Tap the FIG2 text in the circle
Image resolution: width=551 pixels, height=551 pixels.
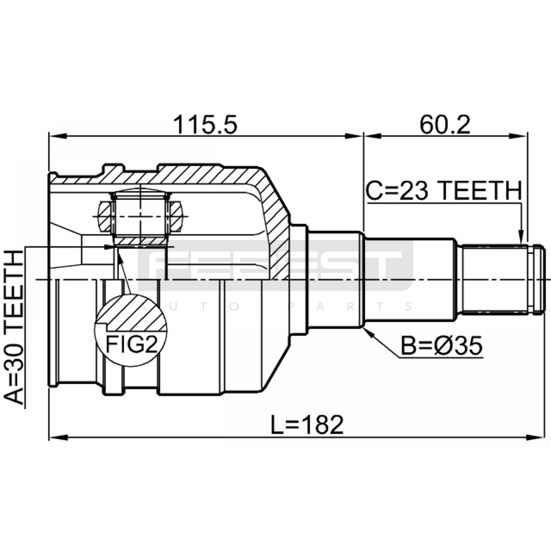tap(131, 344)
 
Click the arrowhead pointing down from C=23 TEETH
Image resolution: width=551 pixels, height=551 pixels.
tap(521, 238)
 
